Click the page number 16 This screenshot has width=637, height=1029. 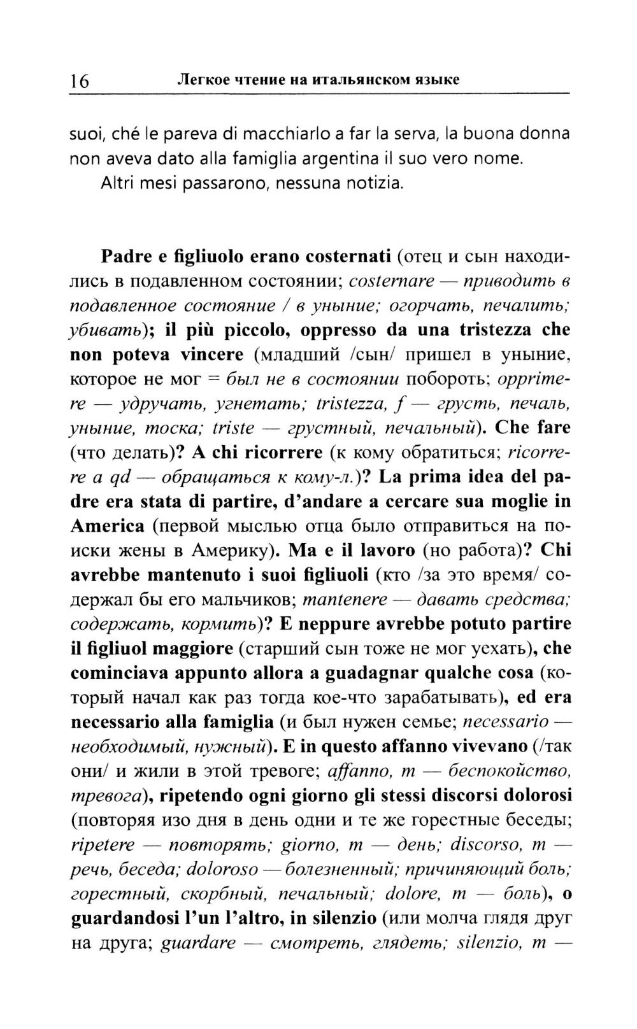point(80,81)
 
